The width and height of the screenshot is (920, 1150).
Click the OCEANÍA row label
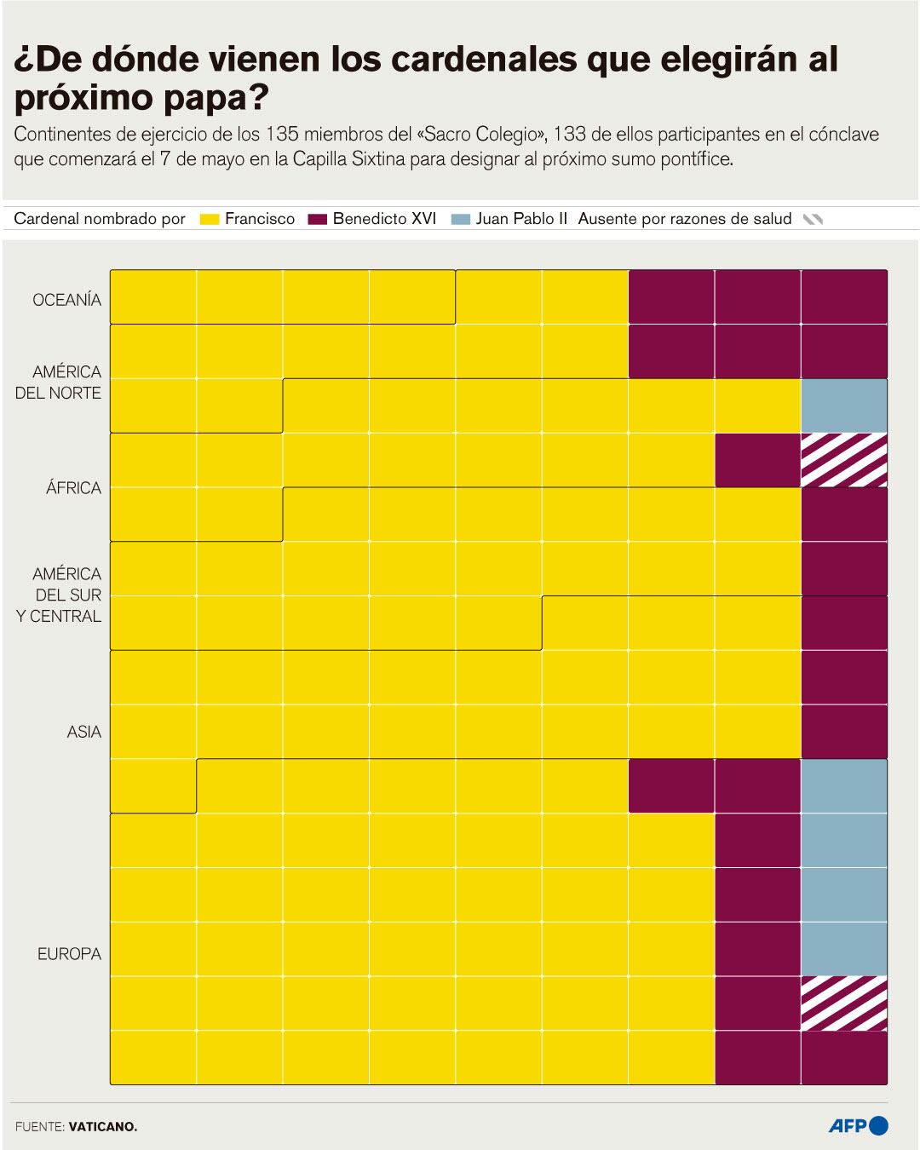tap(66, 300)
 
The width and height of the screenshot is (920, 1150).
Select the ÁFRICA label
tap(73, 488)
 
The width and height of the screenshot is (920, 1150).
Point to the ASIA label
tap(83, 732)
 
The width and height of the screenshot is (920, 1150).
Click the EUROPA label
tap(69, 954)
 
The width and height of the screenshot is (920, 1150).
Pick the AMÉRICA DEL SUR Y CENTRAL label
tap(60, 595)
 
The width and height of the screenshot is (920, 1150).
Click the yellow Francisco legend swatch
tap(210, 220)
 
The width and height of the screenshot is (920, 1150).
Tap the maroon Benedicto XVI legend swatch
tap(318, 220)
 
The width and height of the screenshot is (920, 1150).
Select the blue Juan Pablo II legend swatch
tap(461, 220)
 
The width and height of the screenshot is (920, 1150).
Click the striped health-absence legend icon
tap(813, 220)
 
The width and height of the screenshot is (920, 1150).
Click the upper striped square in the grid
tap(843, 460)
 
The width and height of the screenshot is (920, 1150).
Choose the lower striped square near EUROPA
tap(843, 1003)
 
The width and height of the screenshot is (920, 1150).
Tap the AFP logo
tap(858, 1125)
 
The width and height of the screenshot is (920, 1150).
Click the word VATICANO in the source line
tap(102, 1126)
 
